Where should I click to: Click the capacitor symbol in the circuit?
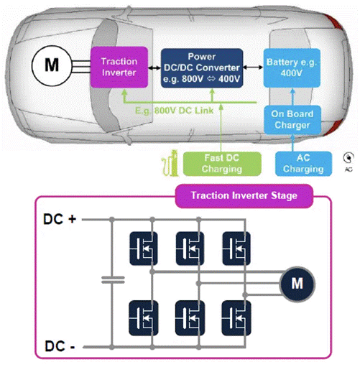point(110,279)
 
